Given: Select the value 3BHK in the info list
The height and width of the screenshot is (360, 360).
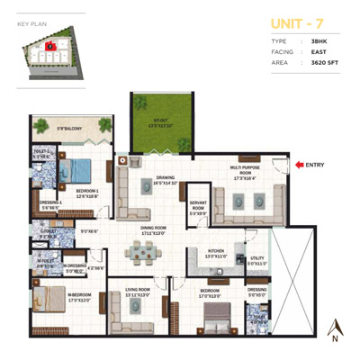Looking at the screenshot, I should click(319, 42).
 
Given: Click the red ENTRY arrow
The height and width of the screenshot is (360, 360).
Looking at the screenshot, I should click(299, 164).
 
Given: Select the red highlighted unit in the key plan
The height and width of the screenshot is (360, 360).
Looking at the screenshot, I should click(51, 44).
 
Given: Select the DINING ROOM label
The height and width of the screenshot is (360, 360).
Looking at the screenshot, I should click(153, 230).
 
